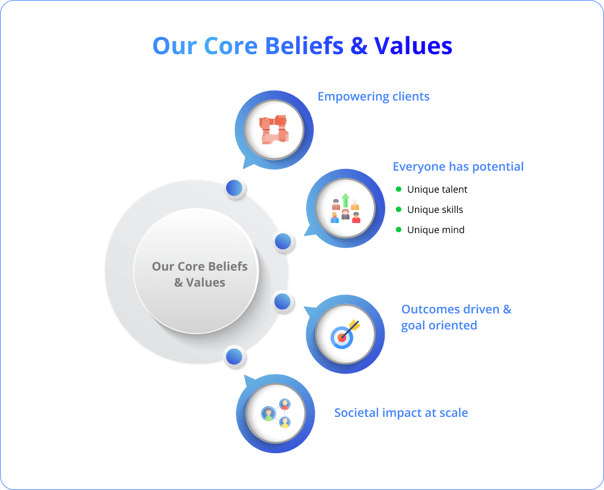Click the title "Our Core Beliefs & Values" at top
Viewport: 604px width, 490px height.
tap(302, 46)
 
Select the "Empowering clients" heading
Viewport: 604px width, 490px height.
tap(373, 96)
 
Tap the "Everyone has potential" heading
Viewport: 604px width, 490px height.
tap(458, 167)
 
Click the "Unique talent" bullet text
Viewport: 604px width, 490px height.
tap(437, 190)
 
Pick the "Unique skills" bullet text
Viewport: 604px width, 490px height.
tap(435, 210)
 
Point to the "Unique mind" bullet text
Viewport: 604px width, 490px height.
tap(436, 230)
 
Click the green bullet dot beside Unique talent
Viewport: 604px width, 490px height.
tap(398, 190)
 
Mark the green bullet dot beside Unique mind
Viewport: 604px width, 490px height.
tap(398, 230)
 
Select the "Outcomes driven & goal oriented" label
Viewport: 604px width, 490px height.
tap(455, 317)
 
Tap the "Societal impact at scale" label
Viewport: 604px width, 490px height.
tap(401, 413)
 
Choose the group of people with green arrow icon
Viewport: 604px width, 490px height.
tap(345, 208)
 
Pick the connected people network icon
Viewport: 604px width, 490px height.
tap(276, 413)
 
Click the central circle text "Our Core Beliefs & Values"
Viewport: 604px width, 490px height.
tap(199, 274)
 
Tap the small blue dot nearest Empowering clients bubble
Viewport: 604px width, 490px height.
tap(234, 188)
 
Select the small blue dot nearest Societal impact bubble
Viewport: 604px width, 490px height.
tap(234, 357)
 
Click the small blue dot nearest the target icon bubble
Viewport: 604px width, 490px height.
tap(283, 301)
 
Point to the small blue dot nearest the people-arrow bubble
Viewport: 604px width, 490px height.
tap(283, 241)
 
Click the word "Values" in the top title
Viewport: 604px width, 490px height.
tap(413, 46)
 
